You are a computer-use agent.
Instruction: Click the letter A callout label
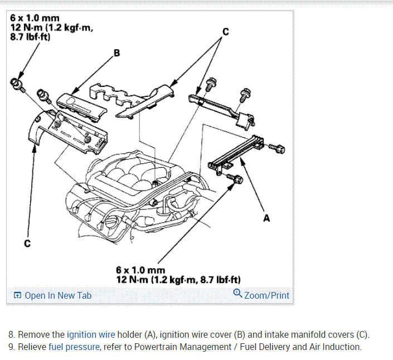(x=266, y=218)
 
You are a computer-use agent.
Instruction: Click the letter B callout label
(x=117, y=53)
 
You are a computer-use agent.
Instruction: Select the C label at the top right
(x=225, y=32)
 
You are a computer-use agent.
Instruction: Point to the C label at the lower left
(x=26, y=244)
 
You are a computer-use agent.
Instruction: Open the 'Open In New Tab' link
(x=58, y=295)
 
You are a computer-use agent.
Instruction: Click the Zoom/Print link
(x=266, y=295)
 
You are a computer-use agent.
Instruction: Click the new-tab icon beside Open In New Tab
(x=18, y=295)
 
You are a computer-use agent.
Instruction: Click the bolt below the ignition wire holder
(x=236, y=179)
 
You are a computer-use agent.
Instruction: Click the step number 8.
(x=12, y=335)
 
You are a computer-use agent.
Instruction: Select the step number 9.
(x=12, y=347)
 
